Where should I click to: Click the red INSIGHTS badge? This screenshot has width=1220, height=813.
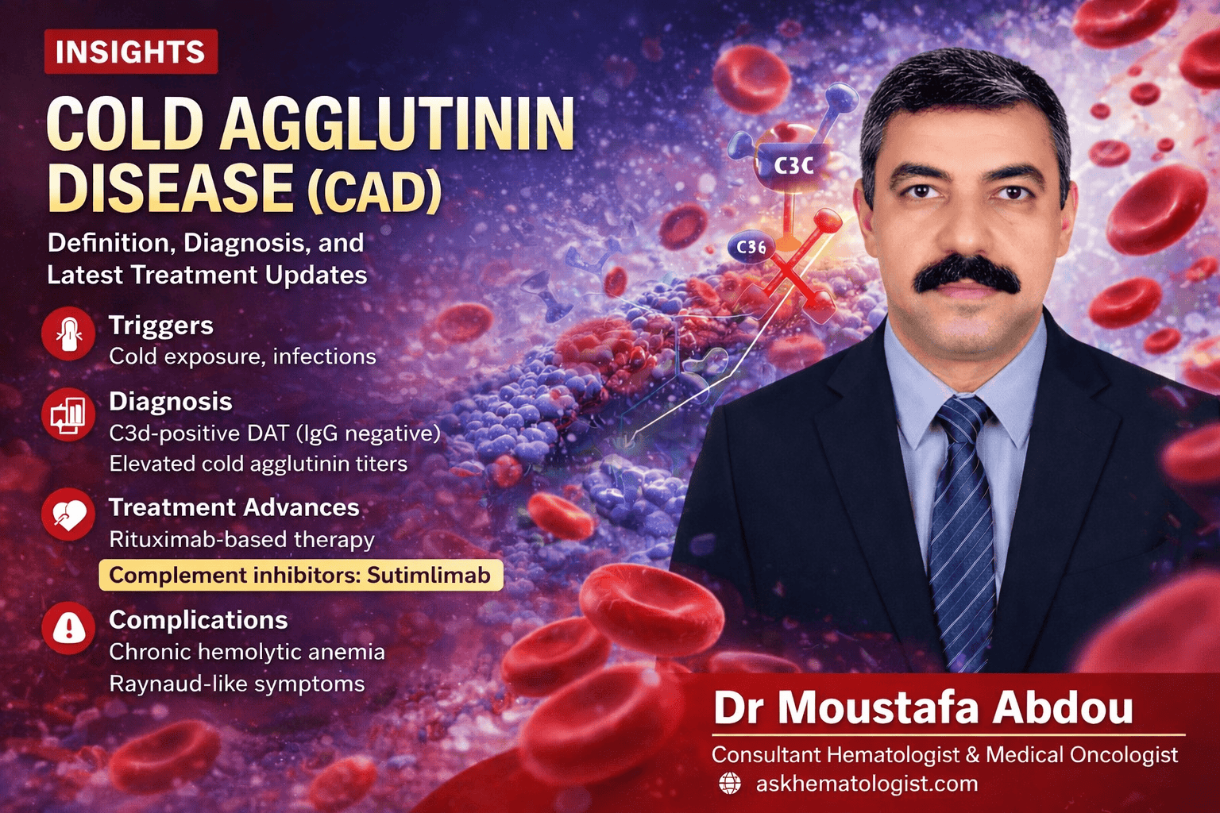[130, 52]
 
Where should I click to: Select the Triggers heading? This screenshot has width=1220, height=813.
[161, 326]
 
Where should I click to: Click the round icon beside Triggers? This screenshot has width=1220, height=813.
[68, 334]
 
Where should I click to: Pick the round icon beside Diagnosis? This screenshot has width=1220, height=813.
[68, 415]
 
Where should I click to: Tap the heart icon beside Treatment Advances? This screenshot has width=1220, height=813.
[68, 516]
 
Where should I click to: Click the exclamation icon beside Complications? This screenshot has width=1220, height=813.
[68, 628]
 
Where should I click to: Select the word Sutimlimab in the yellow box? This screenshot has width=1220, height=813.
[428, 575]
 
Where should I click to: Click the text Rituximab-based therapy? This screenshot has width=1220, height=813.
[241, 540]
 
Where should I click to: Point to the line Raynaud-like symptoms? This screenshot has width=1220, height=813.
[237, 684]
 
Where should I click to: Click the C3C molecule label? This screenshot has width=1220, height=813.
[793, 165]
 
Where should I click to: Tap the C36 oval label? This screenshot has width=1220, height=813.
[751, 247]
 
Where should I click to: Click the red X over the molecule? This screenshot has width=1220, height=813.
[786, 274]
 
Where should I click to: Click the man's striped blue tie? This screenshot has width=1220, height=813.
[963, 524]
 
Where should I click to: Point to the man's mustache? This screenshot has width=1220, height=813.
[966, 274]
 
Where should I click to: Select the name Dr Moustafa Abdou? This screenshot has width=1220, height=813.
[923, 707]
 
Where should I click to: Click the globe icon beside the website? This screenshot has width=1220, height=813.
[729, 784]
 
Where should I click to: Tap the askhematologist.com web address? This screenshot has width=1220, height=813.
[867, 784]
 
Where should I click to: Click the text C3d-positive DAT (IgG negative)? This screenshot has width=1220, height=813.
[274, 433]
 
